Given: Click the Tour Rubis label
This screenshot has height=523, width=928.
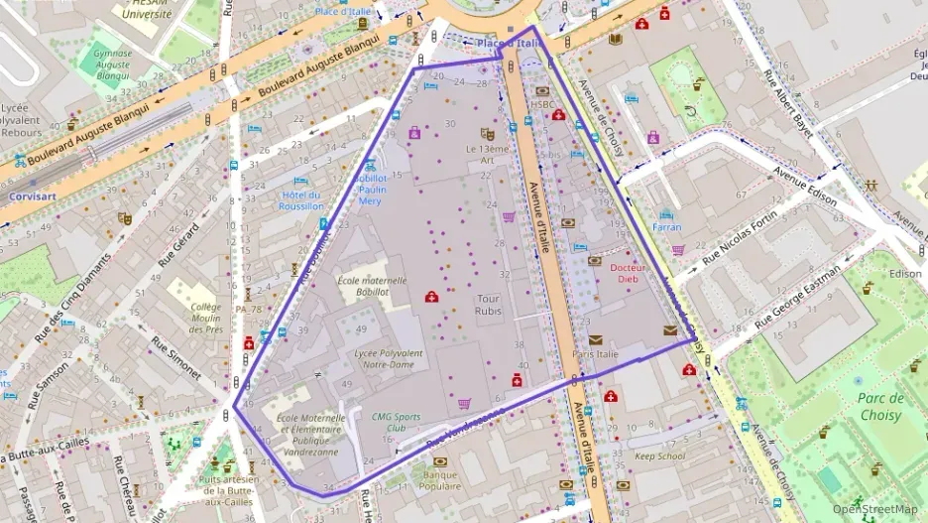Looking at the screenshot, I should (489, 305).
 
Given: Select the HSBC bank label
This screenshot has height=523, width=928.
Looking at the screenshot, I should (543, 104).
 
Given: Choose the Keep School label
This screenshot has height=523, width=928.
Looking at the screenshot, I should (659, 457).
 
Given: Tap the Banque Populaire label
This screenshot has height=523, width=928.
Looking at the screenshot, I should (440, 480).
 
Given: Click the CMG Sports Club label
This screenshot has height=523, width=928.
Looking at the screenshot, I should (396, 423).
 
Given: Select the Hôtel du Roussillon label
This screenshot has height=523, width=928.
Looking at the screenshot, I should (301, 200).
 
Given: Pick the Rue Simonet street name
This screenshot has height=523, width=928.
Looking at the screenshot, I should (176, 357).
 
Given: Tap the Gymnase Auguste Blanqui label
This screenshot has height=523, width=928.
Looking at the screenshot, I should (112, 63).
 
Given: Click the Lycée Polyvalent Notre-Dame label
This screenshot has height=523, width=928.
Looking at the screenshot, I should (388, 358).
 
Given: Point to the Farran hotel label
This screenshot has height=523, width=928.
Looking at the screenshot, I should (666, 227).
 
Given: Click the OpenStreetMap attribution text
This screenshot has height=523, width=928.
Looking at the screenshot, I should (874, 509).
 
